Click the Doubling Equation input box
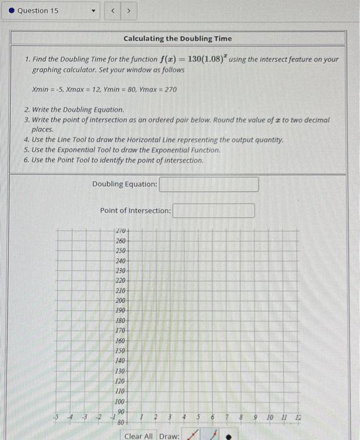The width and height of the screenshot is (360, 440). click(x=209, y=184)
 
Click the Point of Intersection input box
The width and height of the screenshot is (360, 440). click(x=214, y=211)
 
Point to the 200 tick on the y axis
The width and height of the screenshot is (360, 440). click(x=121, y=300)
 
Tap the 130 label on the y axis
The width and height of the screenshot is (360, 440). click(x=121, y=371)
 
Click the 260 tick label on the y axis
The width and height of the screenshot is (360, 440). click(x=121, y=241)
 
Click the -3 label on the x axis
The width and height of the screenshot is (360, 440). click(x=84, y=417)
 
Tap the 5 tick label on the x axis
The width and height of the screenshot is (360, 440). click(x=199, y=417)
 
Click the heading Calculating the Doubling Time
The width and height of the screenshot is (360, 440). click(x=178, y=39)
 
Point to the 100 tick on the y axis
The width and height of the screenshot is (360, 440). click(x=121, y=401)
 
